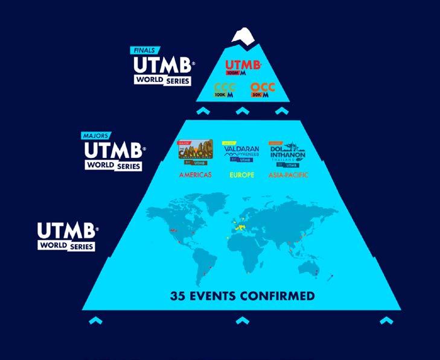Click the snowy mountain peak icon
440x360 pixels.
click(242, 36)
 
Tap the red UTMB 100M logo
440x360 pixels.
click(243, 67)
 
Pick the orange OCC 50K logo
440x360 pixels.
click(263, 91)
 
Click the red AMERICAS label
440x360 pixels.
click(194, 175)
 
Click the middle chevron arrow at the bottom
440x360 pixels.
click(241, 320)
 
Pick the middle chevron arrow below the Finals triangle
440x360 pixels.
click(241, 110)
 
